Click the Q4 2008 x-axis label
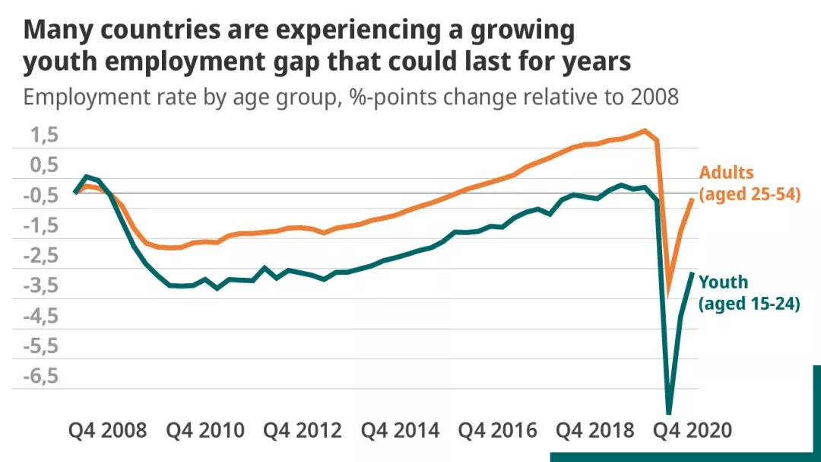click(107, 430)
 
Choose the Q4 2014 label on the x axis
click(400, 430)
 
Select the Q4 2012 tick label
click(303, 430)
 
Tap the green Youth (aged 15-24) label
click(749, 293)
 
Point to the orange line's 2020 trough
click(668, 295)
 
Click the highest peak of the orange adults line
click(645, 130)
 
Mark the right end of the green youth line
click(693, 272)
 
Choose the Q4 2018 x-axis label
click(595, 430)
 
